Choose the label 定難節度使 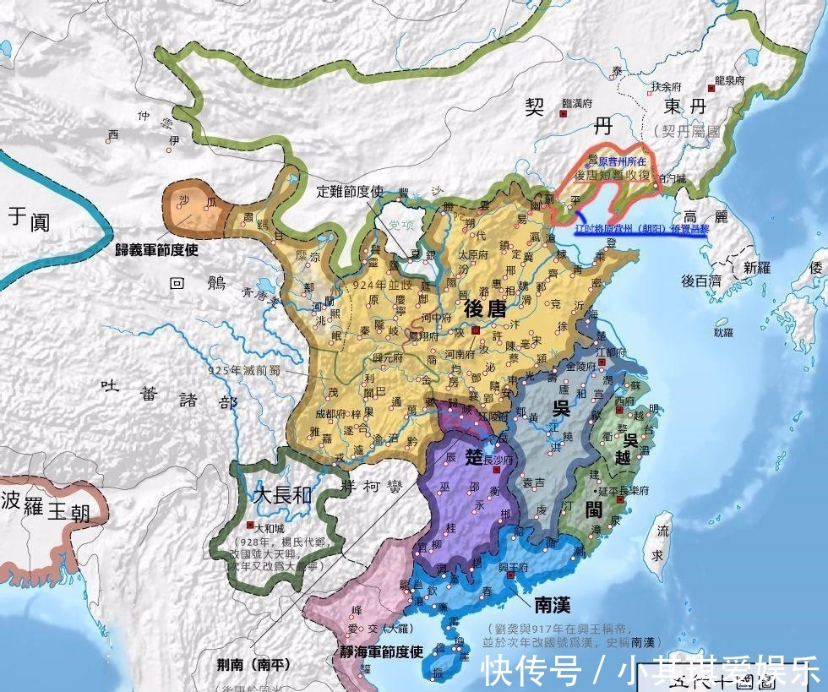coord(351,191)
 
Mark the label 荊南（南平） coord(241,664)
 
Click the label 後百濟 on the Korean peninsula coord(700,280)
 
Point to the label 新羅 coord(757,267)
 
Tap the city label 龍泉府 coord(728,80)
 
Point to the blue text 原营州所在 coord(621,160)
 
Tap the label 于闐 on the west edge coord(29,220)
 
